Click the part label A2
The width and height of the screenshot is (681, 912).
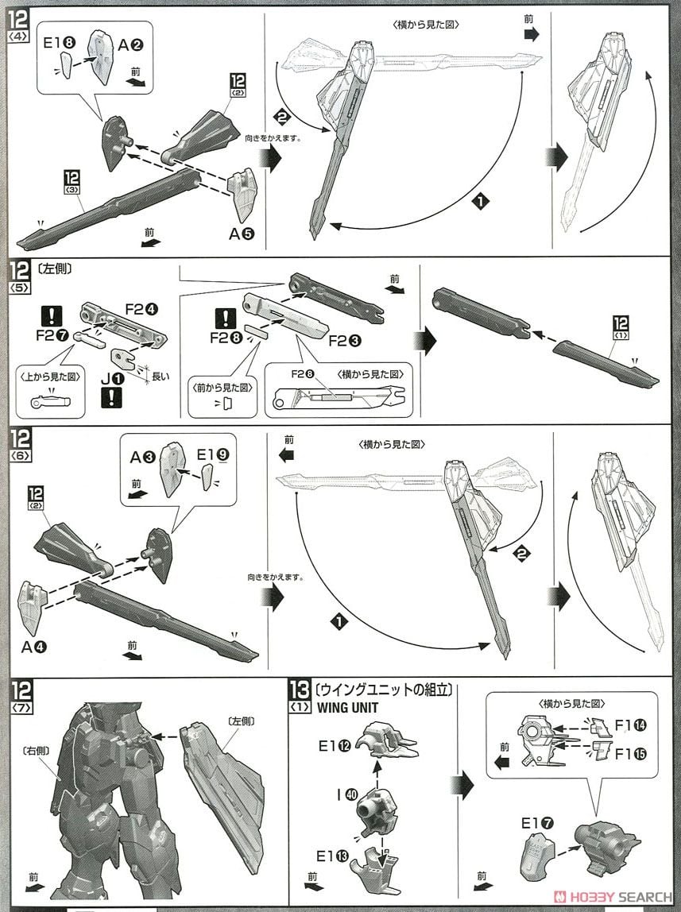tap(130, 45)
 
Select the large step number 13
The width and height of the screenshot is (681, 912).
tap(301, 688)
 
